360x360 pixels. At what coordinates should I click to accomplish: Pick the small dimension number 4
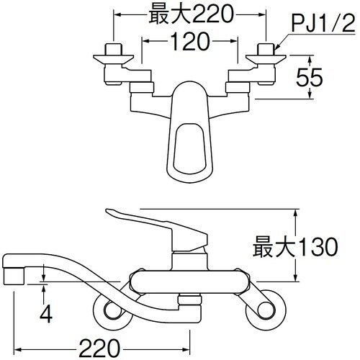45,314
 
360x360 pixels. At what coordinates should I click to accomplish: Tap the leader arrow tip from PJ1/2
276,49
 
